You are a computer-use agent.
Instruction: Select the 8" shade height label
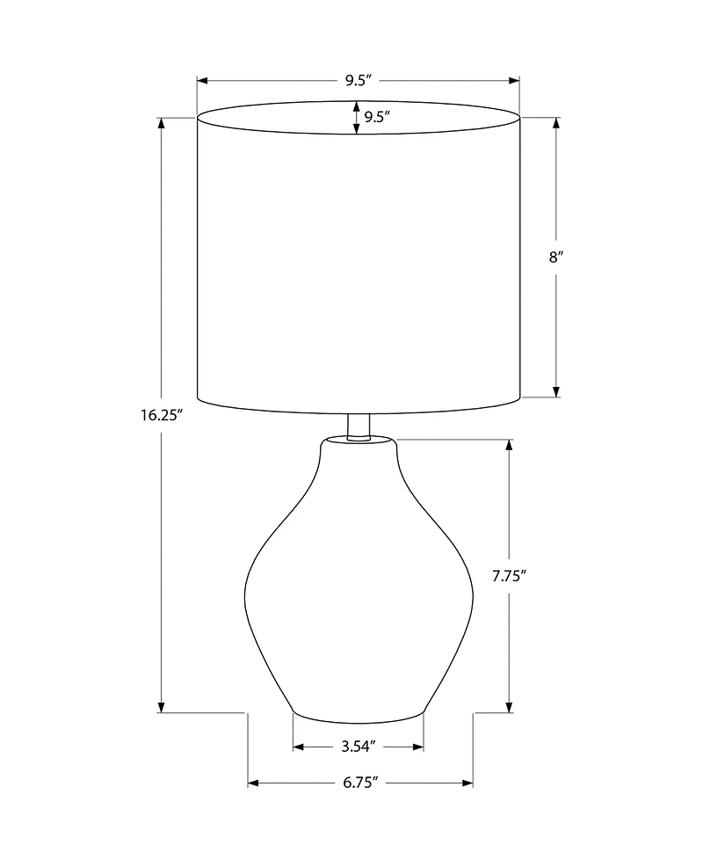click(554, 258)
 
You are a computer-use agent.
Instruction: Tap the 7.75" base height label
click(510, 577)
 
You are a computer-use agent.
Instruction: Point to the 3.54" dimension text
click(359, 747)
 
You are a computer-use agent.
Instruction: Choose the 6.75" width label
click(360, 782)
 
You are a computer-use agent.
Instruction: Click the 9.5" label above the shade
click(359, 81)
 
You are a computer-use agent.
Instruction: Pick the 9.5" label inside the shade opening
click(377, 118)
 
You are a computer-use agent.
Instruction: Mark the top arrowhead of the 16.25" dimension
click(161, 123)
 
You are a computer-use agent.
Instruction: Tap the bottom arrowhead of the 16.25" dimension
click(161, 706)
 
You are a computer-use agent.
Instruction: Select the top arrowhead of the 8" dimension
click(555, 123)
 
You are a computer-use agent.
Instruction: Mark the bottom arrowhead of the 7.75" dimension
click(509, 706)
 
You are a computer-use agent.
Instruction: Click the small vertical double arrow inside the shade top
click(356, 118)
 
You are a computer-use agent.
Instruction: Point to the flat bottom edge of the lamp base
click(358, 713)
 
